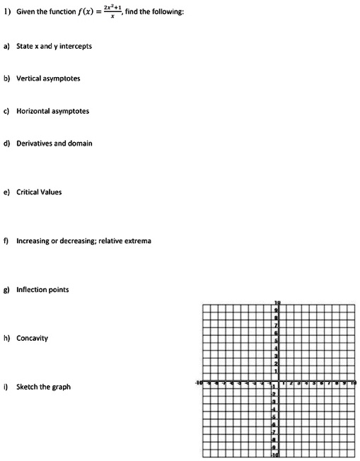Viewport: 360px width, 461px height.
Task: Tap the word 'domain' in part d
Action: coord(80,143)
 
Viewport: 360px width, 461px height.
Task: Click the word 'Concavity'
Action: coord(33,339)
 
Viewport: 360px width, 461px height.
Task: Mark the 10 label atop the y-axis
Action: coord(277,303)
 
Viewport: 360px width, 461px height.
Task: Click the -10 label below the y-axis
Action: coord(277,456)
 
